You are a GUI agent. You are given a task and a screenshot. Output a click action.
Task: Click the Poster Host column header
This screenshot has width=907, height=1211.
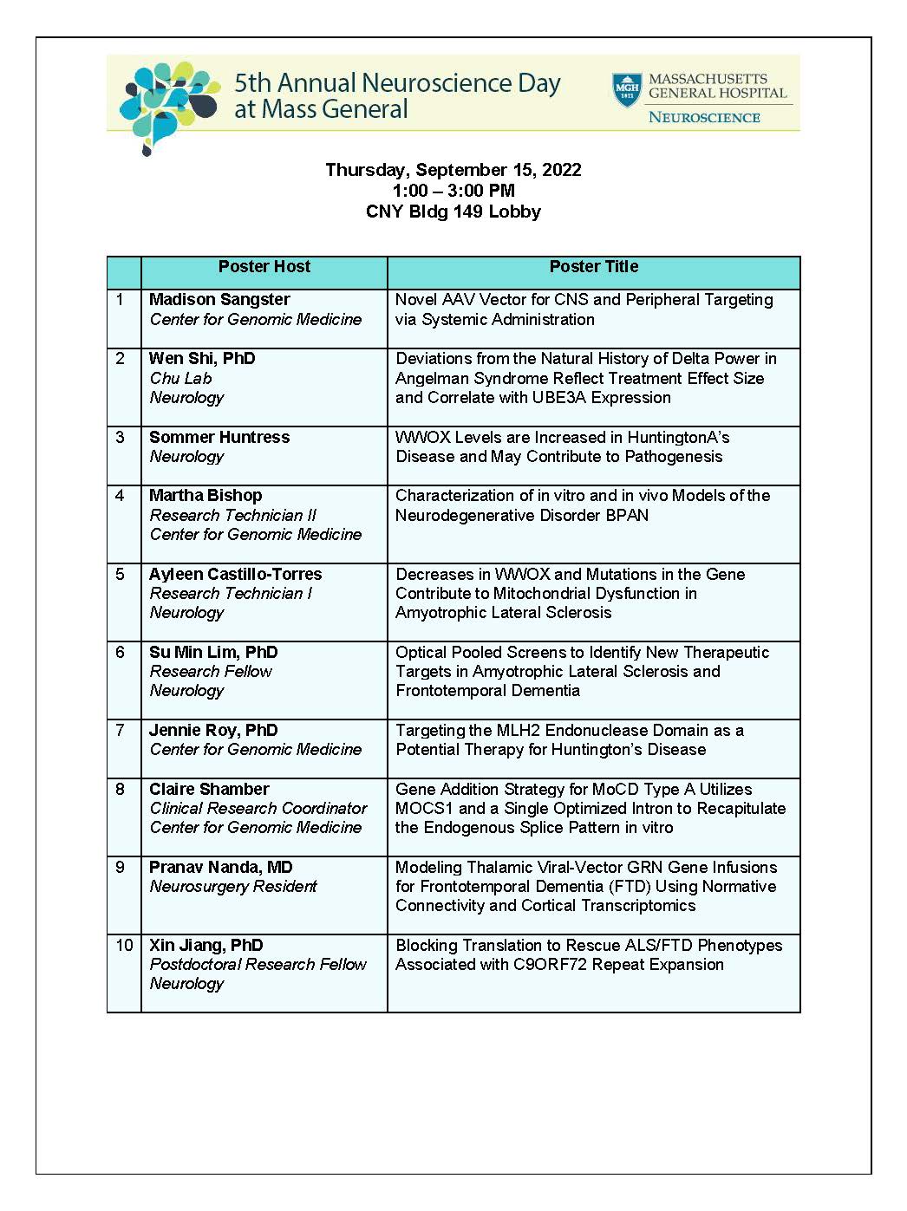point(264,267)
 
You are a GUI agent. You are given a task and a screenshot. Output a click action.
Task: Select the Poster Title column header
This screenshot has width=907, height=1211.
point(594,267)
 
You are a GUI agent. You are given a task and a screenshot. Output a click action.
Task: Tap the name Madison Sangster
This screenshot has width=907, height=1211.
point(219,300)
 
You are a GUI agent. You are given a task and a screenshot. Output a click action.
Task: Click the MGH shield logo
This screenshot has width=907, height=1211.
point(627,90)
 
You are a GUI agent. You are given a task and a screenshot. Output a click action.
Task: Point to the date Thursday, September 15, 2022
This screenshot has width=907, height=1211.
point(453,170)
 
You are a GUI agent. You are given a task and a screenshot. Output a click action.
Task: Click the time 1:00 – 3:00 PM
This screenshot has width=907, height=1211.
point(453,191)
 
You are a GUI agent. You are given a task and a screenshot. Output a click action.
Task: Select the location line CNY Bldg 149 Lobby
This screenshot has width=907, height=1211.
point(453,212)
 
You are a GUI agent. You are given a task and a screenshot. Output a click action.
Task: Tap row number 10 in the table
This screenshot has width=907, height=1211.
point(124,946)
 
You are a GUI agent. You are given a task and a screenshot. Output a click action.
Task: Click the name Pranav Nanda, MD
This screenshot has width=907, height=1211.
point(220,868)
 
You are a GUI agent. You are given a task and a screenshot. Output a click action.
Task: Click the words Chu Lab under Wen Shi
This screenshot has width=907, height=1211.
point(180,379)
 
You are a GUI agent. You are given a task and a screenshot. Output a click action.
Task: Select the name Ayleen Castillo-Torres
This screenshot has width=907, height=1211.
point(235,575)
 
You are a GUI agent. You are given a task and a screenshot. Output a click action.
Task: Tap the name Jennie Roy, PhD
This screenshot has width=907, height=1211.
point(212,731)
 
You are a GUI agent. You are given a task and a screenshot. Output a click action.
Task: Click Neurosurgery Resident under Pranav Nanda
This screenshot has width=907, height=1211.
point(233,887)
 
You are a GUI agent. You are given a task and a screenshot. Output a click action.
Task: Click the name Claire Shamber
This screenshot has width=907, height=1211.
point(209,790)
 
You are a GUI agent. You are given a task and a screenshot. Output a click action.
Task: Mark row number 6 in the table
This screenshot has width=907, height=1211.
point(120,653)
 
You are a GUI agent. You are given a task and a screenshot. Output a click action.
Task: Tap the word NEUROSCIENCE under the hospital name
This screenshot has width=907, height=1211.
point(704,118)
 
